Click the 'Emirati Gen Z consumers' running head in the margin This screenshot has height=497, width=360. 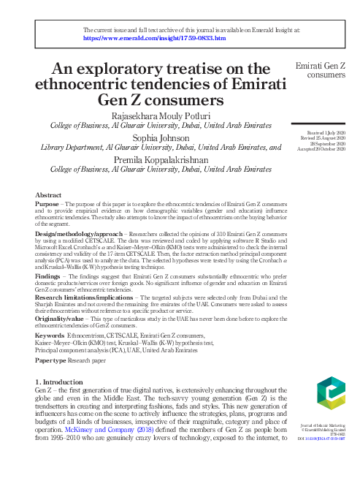(x=320, y=71)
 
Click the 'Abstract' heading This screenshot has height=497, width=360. (x=50, y=195)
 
